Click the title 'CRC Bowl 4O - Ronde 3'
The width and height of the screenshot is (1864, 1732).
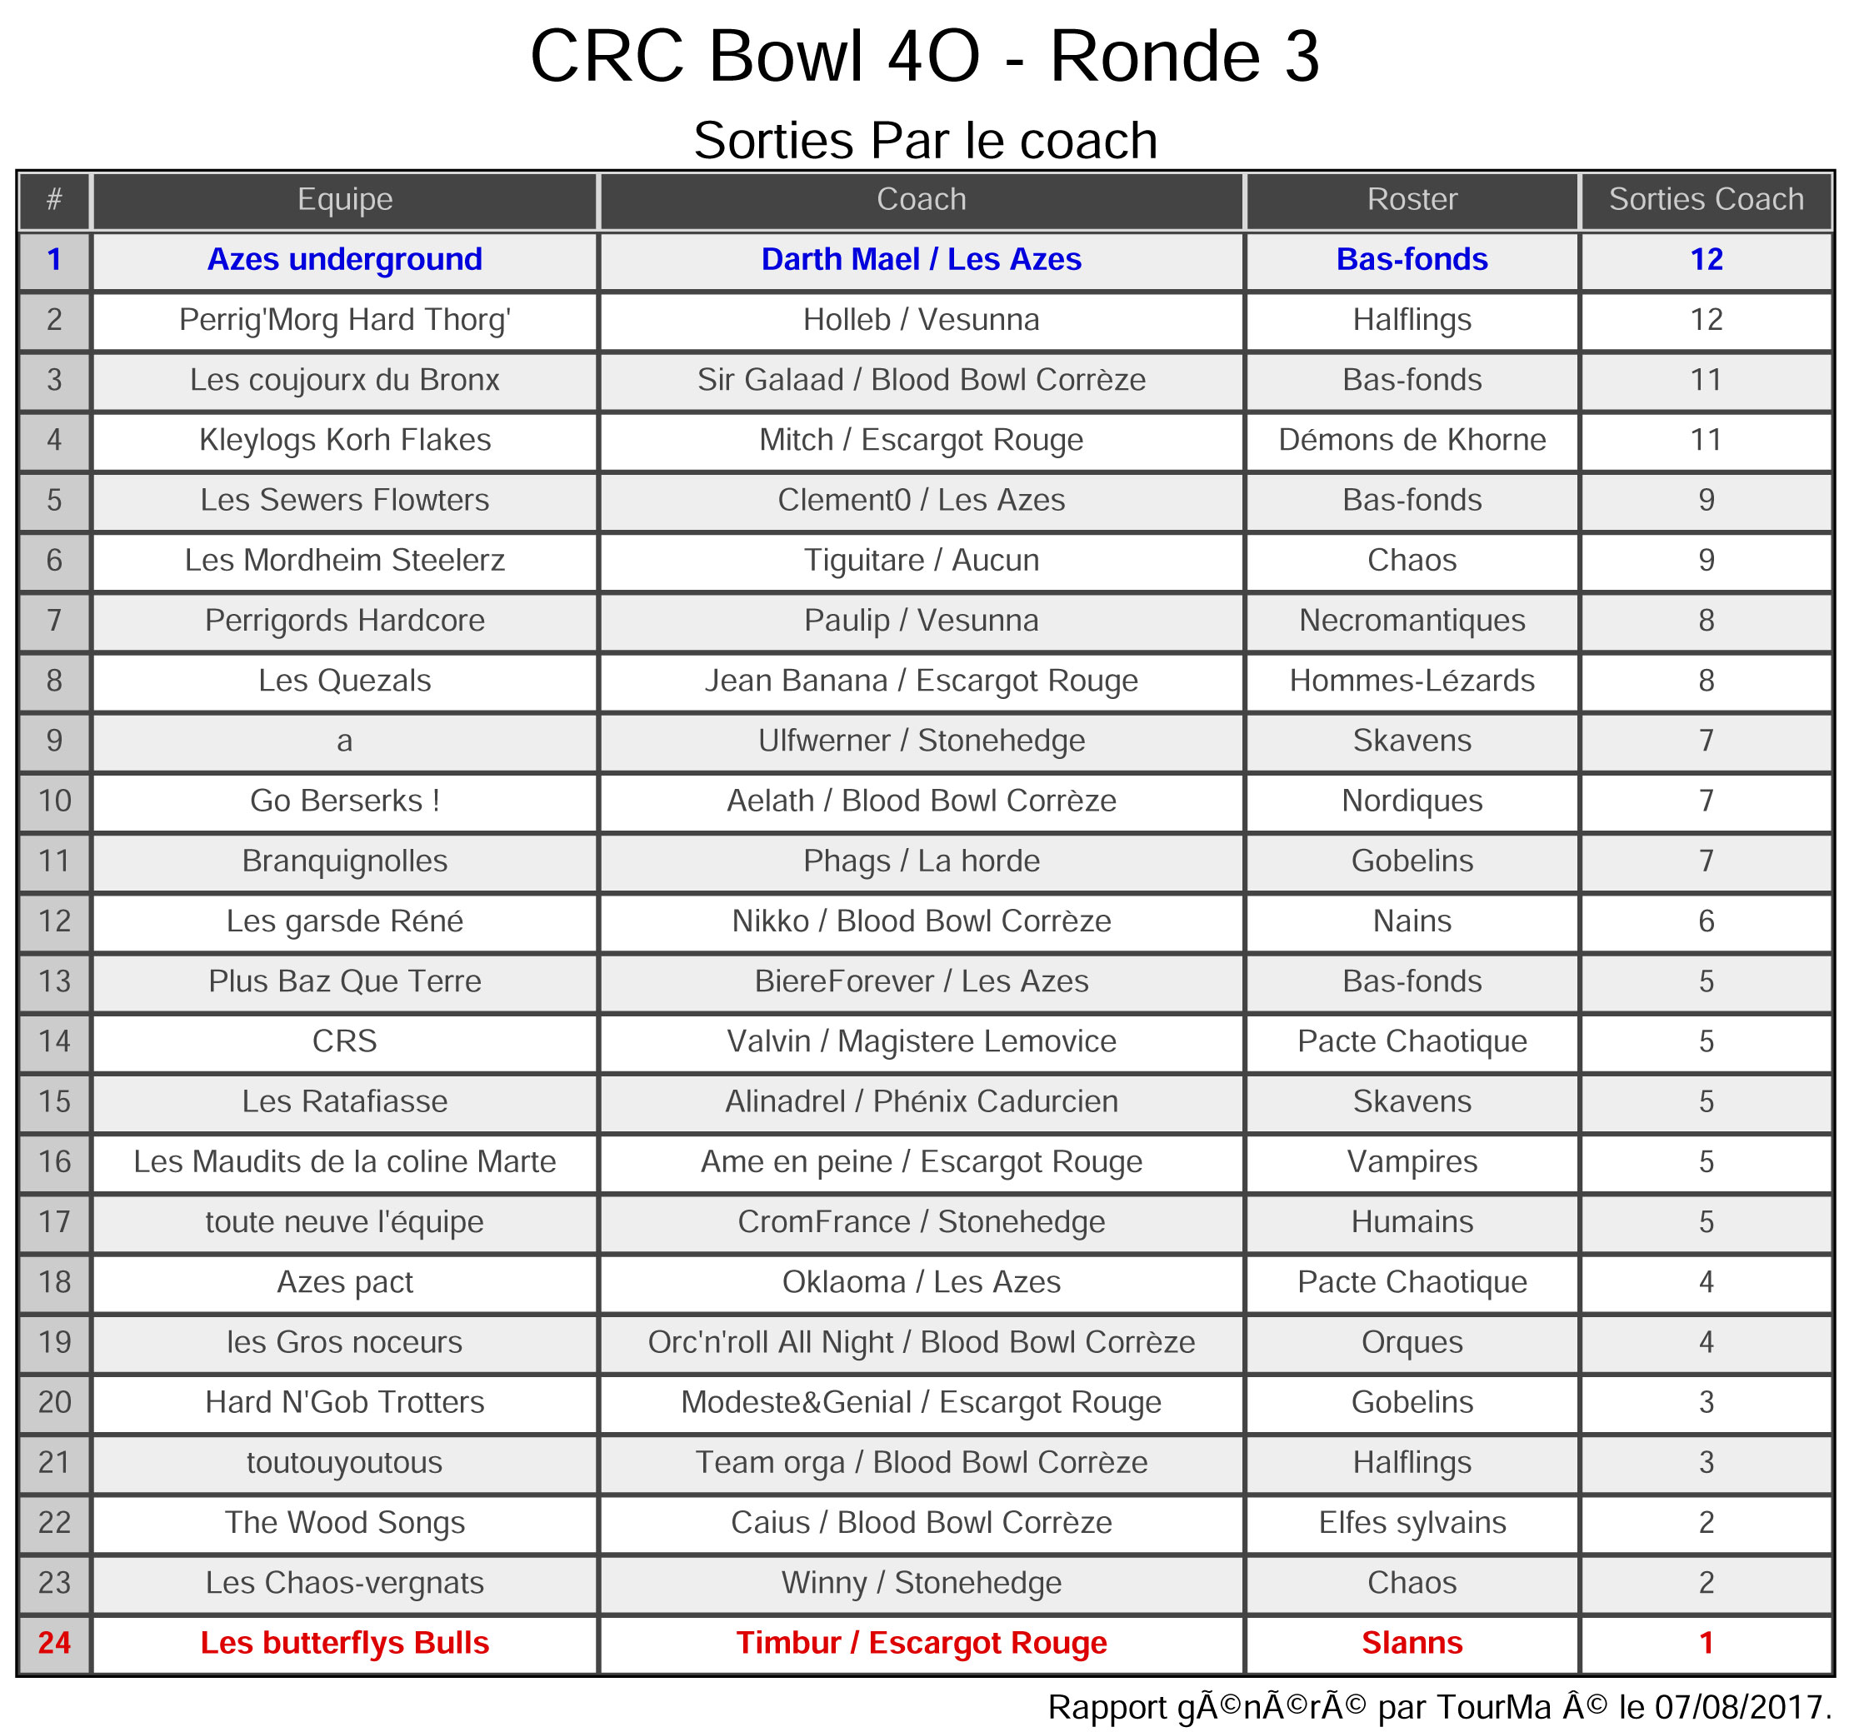[924, 57]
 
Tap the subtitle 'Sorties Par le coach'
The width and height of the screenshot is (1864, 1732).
[924, 141]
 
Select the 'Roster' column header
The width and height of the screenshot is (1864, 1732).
[1412, 200]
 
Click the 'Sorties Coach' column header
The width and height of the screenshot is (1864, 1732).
[1706, 200]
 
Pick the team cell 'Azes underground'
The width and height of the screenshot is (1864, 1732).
[344, 260]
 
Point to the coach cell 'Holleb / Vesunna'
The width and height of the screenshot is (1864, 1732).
[921, 320]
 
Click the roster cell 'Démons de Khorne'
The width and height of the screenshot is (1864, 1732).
[1412, 440]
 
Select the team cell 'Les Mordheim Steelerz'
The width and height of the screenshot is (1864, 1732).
[344, 561]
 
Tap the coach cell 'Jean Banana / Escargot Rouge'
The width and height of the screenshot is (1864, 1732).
[921, 681]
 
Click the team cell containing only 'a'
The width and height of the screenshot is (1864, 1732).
[344, 741]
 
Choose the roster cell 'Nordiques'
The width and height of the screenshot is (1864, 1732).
[1412, 801]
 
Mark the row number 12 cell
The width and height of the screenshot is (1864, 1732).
[54, 921]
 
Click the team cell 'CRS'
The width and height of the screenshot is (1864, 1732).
[344, 1041]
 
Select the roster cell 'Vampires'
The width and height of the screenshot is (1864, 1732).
[1412, 1161]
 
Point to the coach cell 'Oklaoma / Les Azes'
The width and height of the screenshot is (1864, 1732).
[921, 1282]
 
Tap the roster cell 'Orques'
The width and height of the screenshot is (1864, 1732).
[1412, 1342]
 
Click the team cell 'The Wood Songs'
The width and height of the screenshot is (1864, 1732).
[344, 1522]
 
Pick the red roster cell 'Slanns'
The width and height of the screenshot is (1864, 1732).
[1412, 1642]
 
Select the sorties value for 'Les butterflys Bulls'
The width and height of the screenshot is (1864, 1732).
[1706, 1642]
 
